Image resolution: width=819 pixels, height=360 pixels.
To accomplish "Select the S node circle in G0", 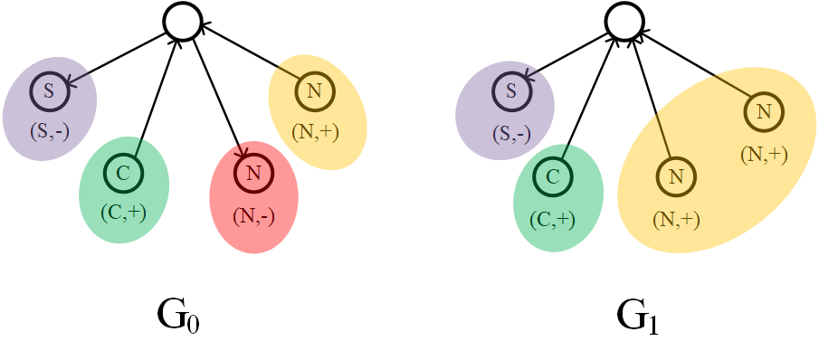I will point(48,90).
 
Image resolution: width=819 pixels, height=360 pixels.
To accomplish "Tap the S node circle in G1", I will point(511,90).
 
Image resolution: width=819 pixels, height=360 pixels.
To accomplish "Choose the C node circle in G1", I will point(553,175).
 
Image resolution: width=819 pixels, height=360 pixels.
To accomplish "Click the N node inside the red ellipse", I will point(252,173).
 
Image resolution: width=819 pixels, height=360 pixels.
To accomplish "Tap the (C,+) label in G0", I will point(124,213).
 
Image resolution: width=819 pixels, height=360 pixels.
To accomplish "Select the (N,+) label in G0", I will point(315,132).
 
